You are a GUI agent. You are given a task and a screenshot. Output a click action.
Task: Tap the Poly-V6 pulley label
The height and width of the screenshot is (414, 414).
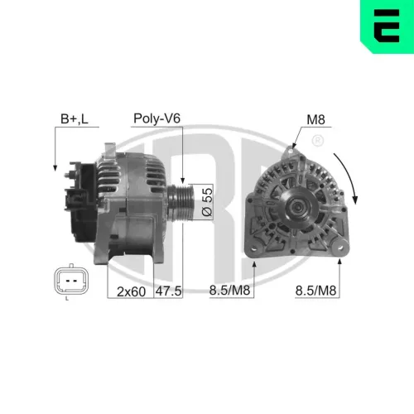pyautogui.click(x=156, y=118)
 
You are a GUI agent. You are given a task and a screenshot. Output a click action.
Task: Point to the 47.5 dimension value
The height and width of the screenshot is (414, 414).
pyautogui.click(x=170, y=291)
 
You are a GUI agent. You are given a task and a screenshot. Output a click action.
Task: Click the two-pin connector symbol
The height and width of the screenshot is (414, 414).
pyautogui.click(x=71, y=282)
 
